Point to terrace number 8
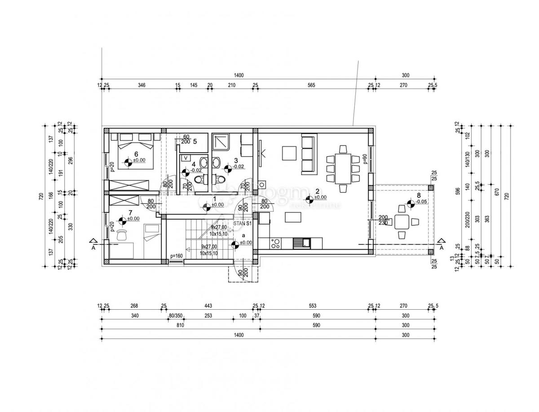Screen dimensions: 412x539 (x=419, y=196)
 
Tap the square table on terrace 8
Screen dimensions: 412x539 (x=402, y=221)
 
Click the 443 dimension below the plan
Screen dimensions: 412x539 (x=208, y=306)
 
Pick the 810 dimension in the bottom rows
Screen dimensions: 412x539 (x=181, y=325)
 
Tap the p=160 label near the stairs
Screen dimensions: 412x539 (x=176, y=256)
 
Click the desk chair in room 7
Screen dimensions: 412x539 (x=122, y=235)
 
